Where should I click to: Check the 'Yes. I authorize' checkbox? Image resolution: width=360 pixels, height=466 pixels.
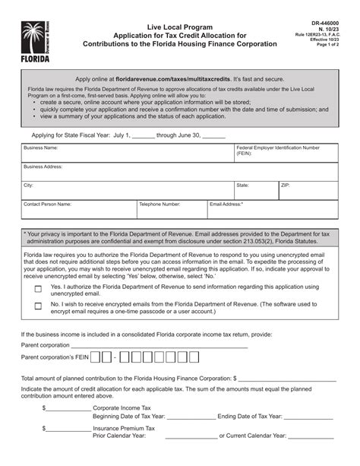click(x=38, y=290)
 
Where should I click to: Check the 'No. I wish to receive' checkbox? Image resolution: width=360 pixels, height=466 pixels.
click(x=38, y=306)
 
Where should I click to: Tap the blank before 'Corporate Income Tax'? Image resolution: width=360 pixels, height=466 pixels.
click(x=69, y=407)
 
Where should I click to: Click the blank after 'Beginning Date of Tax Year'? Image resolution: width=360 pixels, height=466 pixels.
click(x=190, y=417)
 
